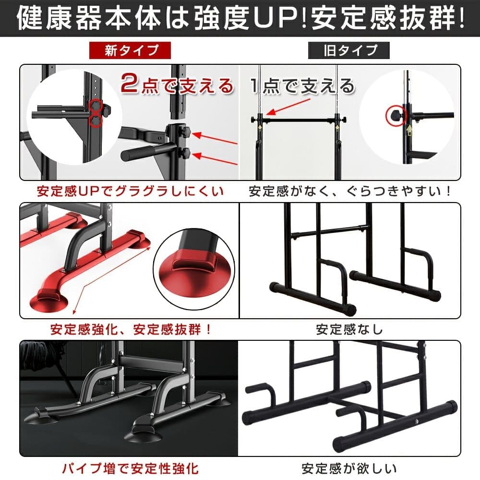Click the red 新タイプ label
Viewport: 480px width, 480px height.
[x=130, y=50]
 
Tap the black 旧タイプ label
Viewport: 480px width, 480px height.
[x=348, y=50]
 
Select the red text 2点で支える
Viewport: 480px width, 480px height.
[x=177, y=85]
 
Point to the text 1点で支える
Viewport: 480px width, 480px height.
[x=302, y=85]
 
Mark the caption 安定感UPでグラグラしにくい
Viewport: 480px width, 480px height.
[x=131, y=192]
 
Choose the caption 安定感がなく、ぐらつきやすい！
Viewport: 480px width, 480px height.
[x=350, y=192]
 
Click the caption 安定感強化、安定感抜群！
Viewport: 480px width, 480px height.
[x=131, y=330]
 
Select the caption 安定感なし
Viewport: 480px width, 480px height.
[x=349, y=330]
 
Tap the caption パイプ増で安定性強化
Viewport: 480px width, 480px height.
[x=131, y=468]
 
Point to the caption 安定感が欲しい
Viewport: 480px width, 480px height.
[x=349, y=468]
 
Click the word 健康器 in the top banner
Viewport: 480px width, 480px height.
[x=59, y=18]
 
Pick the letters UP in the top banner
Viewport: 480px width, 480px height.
[x=276, y=18]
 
